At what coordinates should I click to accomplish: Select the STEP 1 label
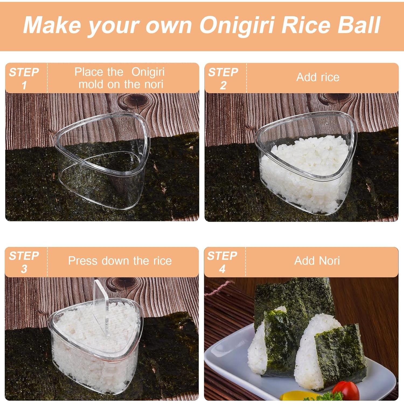[24, 78]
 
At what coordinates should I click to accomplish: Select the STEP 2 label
[223, 78]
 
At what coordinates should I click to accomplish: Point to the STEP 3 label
[24, 262]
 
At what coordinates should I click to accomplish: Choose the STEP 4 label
[222, 262]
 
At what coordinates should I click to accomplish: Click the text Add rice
[318, 77]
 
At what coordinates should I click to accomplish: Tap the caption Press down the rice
[120, 261]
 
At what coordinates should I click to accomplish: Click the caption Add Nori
[317, 261]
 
